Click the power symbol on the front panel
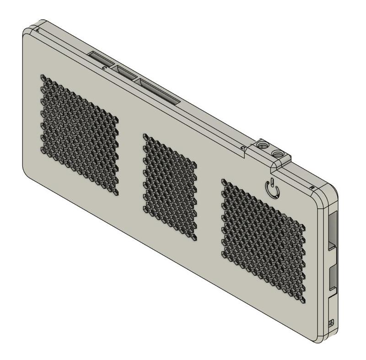[x=272, y=188]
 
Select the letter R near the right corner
[x=312, y=188]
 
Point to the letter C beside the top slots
[x=105, y=68]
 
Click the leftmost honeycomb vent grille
[x=80, y=133]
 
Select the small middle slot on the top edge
[x=126, y=73]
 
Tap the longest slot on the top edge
[x=159, y=90]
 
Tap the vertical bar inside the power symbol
[x=272, y=185]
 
